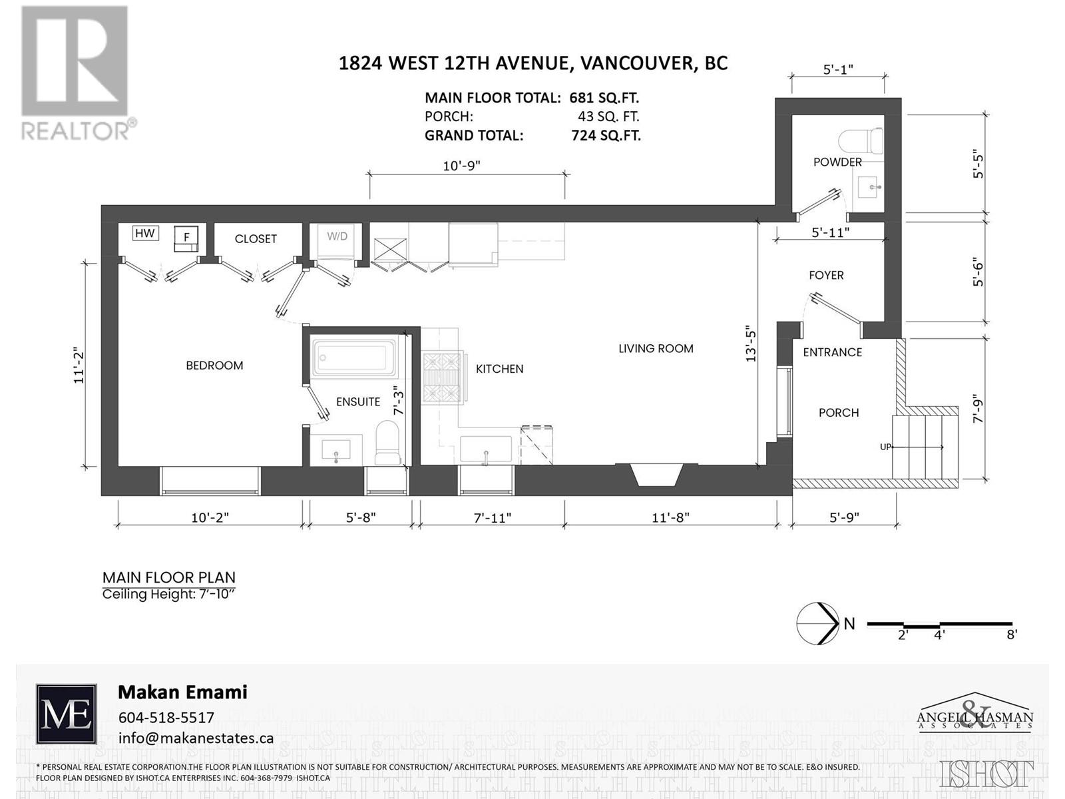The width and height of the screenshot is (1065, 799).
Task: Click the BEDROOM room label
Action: [x=214, y=366]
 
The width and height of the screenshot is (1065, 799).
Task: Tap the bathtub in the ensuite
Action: [x=353, y=357]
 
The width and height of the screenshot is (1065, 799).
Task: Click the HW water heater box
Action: [x=144, y=233]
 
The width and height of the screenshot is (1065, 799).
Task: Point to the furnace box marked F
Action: [x=186, y=238]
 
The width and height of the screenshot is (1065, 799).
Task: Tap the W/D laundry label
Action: [x=337, y=236]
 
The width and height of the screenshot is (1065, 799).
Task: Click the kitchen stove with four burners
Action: [x=442, y=378]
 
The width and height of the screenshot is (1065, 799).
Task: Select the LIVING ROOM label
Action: [x=656, y=348]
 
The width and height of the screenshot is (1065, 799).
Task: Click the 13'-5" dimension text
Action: [x=750, y=346]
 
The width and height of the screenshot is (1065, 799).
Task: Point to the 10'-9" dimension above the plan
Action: [x=461, y=166]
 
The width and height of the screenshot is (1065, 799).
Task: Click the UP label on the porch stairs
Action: [x=885, y=447]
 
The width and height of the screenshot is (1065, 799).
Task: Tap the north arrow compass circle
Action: [x=818, y=623]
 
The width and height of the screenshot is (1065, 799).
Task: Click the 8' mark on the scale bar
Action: [x=1011, y=635]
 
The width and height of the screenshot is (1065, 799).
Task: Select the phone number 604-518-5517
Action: [x=166, y=717]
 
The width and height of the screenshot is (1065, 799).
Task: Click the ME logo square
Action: [x=66, y=714]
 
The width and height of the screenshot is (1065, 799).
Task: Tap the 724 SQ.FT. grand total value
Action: [x=606, y=135]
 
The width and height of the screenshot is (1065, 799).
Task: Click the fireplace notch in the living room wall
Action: [x=656, y=475]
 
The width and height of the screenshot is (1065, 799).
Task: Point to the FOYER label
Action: [x=826, y=275]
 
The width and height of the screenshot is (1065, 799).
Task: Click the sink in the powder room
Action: [x=870, y=187]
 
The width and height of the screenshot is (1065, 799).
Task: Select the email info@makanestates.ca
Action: [x=196, y=738]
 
